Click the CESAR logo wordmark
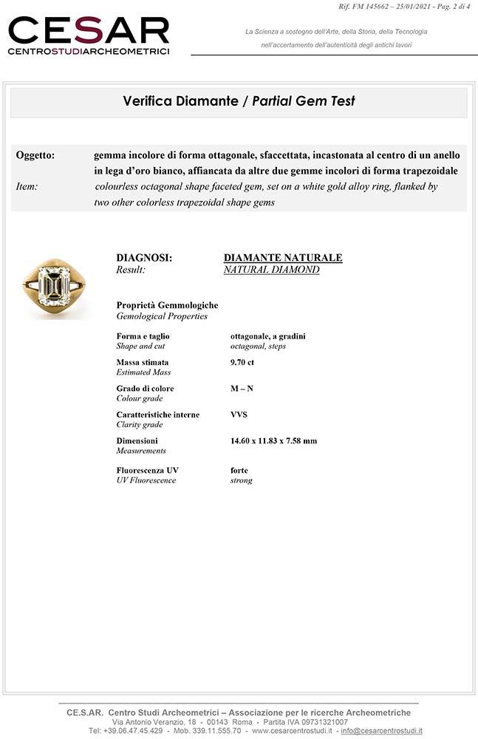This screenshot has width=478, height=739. (89, 31)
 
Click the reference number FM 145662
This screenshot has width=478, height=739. (380, 7)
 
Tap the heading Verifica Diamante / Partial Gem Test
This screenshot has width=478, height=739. (239, 101)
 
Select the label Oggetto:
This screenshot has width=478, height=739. (35, 155)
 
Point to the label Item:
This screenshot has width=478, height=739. (27, 187)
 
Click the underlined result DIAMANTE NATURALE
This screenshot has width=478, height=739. (283, 258)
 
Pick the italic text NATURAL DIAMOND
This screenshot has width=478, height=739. (271, 270)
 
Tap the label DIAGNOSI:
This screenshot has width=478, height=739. (144, 258)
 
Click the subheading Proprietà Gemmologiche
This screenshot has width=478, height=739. (167, 305)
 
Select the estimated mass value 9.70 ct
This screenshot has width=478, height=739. (242, 362)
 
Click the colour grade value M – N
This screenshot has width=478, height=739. (242, 389)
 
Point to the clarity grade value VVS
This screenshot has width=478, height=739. (239, 415)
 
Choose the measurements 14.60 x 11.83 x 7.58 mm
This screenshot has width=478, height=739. (273, 441)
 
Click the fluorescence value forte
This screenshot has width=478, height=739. (239, 470)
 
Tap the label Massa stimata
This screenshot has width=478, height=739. (142, 362)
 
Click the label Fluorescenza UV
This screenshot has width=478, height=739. (147, 470)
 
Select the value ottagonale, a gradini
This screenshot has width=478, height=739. (267, 336)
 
